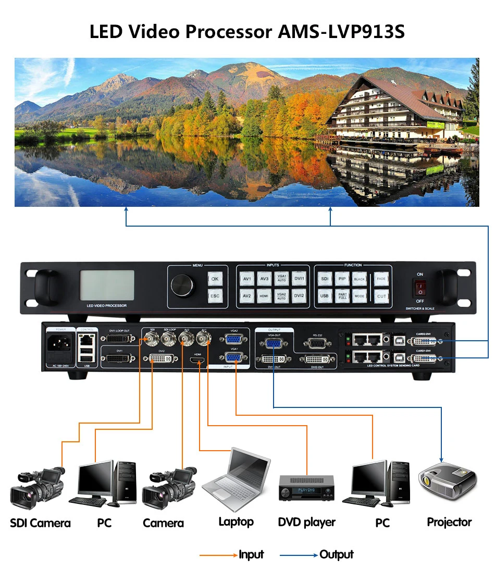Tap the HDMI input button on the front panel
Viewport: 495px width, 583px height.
click(264, 296)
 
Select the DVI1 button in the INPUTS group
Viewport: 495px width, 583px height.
click(299, 279)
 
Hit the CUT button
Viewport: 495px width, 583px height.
click(381, 296)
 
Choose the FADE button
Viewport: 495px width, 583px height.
click(381, 279)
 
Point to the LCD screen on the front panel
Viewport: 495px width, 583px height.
click(106, 285)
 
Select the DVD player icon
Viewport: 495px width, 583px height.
click(306, 487)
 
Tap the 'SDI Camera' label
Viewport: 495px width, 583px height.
click(40, 523)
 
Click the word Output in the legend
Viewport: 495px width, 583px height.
click(337, 554)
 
